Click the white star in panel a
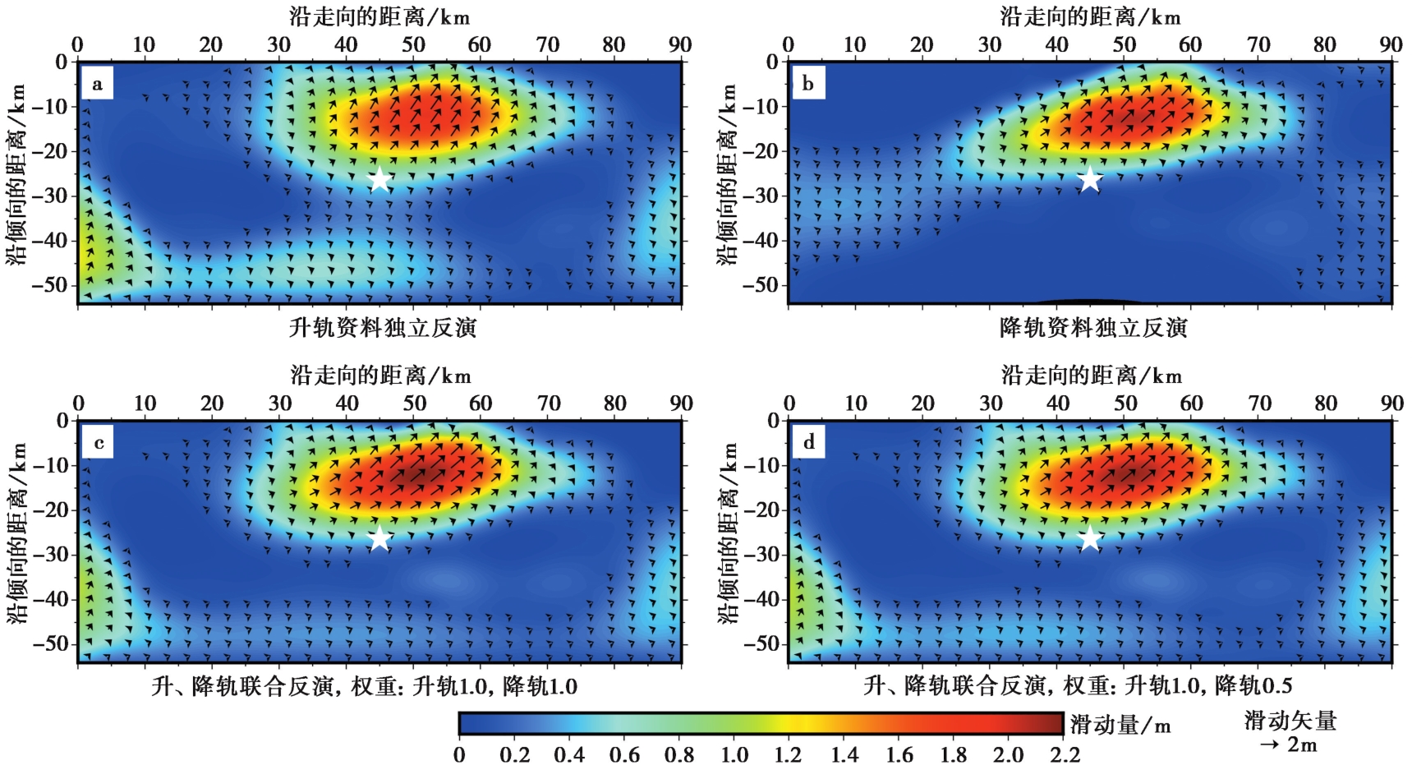coord(379,178)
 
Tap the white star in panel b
coord(1089,178)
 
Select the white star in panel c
coord(379,538)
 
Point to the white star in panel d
coord(1089,538)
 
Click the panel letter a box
coord(98,84)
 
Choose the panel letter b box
coord(808,84)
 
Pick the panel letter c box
coord(99,444)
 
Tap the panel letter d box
coord(809,444)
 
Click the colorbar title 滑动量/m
coord(1120,724)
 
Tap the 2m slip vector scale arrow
coord(1269,745)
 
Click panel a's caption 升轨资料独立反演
coord(383,328)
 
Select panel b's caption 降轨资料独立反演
coord(1093,328)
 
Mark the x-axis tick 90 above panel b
coord(1391,44)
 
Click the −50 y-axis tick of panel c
coord(51,644)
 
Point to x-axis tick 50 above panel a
coord(413,44)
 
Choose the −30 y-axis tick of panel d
coord(762,555)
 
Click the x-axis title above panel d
coord(1091,376)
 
